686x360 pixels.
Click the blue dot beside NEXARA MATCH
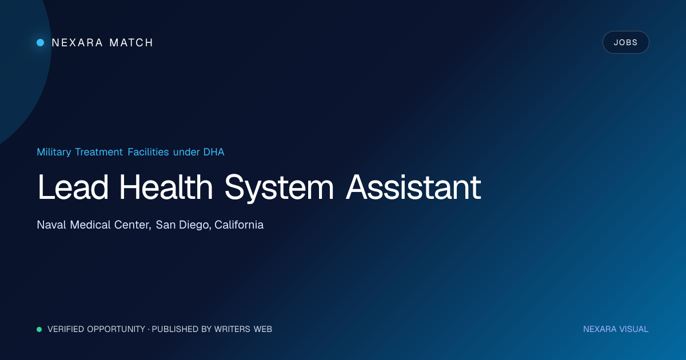[x=41, y=42]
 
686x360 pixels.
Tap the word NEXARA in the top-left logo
[x=77, y=42]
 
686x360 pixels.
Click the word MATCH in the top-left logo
[x=131, y=42]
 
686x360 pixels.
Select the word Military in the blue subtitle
[x=54, y=152]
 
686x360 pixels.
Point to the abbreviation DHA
[x=214, y=152]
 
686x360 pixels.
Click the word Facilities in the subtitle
[x=148, y=152]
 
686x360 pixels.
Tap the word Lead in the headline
[x=73, y=187]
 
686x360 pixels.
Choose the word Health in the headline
[x=166, y=187]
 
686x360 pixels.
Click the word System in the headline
[x=279, y=187]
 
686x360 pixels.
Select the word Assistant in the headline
[x=413, y=187]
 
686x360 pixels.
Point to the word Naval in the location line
[x=51, y=225]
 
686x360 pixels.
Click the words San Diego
[x=184, y=225]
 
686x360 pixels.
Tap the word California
[x=239, y=225]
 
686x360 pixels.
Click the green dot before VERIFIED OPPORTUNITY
[x=39, y=329]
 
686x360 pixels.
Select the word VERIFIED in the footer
[x=66, y=329]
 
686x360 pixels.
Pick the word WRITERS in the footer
[x=232, y=329]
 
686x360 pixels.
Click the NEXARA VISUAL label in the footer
[x=616, y=329]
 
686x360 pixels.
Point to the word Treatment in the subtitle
[x=99, y=152]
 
